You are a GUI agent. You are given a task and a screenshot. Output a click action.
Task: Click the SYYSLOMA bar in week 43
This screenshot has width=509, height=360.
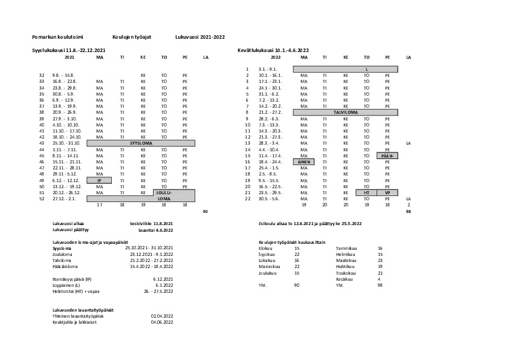pyautogui.click(x=141, y=143)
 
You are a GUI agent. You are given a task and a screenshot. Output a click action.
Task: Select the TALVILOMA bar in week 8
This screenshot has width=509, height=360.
pyautogui.click(x=345, y=113)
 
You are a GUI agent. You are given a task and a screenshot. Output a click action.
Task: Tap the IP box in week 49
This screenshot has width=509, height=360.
pyautogui.click(x=100, y=180)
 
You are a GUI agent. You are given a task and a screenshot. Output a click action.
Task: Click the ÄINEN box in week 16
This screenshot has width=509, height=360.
pyautogui.click(x=303, y=162)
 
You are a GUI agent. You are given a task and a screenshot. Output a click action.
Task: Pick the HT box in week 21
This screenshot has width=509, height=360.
pyautogui.click(x=366, y=192)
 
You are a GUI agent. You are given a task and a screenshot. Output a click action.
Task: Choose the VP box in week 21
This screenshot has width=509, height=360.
pyautogui.click(x=387, y=192)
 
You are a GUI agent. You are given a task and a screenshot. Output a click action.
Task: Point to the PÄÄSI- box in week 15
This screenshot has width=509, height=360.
pyautogui.click(x=387, y=155)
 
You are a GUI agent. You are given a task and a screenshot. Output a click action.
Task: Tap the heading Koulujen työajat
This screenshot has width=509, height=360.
pyautogui.click(x=132, y=37)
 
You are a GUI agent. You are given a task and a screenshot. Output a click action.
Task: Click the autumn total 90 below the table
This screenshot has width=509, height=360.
pyautogui.click(x=205, y=211)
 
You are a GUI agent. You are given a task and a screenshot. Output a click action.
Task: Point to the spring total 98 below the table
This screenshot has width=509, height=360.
pyautogui.click(x=409, y=211)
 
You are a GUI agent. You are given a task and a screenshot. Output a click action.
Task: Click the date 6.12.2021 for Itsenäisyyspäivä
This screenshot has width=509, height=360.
pyautogui.click(x=164, y=279)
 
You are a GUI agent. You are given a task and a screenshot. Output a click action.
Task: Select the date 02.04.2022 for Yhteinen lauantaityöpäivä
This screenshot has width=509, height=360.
pyautogui.click(x=162, y=316)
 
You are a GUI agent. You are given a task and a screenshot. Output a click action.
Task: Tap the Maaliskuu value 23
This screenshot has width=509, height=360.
pyautogui.click(x=380, y=261)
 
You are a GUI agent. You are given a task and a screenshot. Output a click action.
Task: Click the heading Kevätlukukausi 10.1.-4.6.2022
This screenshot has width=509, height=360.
pyautogui.click(x=273, y=50)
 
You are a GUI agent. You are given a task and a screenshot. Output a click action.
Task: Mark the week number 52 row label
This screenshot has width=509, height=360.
pyautogui.click(x=42, y=198)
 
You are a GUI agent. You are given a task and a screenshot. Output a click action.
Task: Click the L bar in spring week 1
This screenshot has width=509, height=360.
pyautogui.click(x=366, y=70)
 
